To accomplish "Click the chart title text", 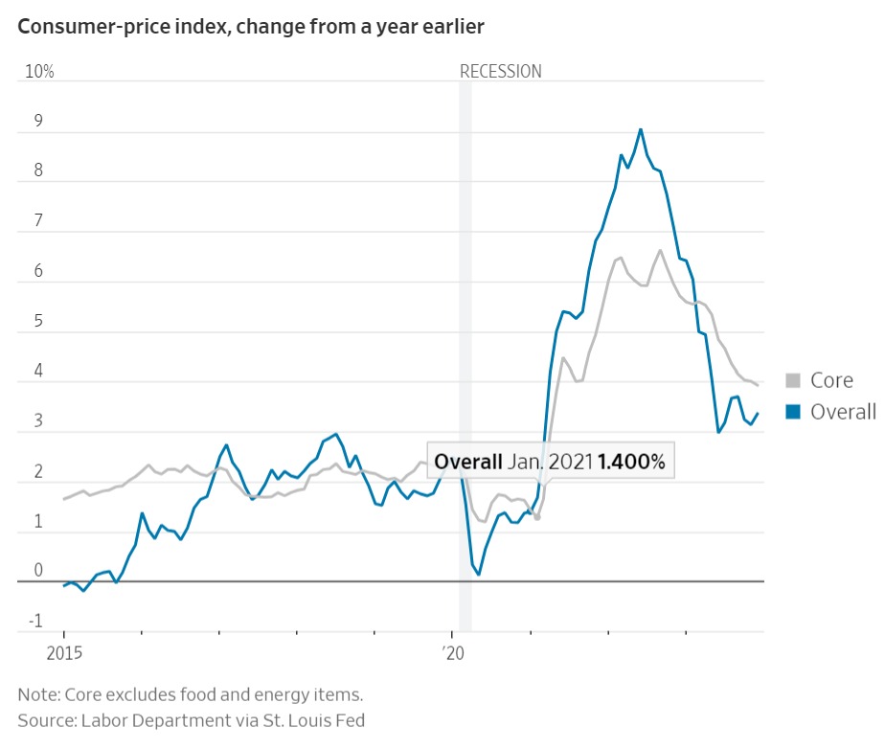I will tap(251, 27).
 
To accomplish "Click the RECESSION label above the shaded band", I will tap(500, 71).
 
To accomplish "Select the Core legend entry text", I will tap(831, 380).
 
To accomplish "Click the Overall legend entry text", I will tap(843, 412).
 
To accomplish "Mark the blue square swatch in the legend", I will tap(793, 412).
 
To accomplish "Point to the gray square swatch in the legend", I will tap(793, 380).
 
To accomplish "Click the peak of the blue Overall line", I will tap(641, 129).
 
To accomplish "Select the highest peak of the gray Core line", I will tap(660, 251).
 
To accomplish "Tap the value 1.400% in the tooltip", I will tap(631, 462).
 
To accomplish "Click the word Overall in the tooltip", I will tap(468, 462).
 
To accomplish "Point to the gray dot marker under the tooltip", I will tap(537, 517).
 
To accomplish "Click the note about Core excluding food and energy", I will tap(190, 693).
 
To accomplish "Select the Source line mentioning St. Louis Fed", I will tap(191, 719).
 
